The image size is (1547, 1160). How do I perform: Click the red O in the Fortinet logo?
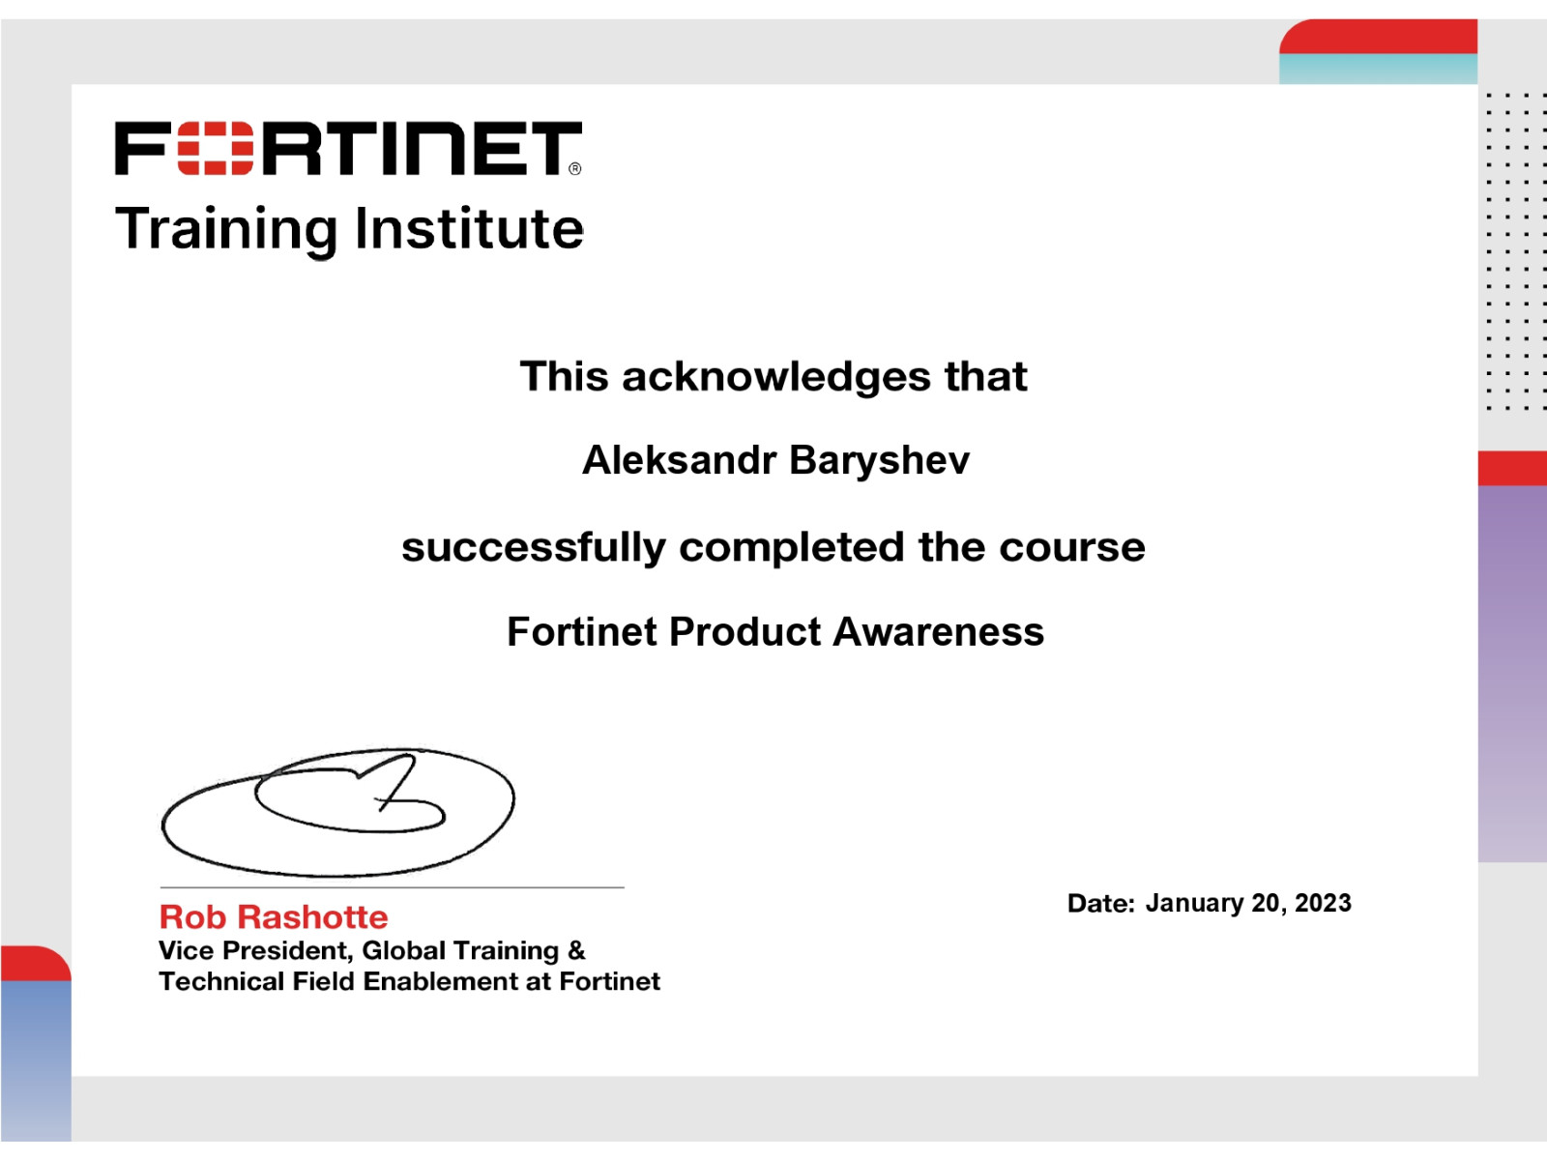[215, 148]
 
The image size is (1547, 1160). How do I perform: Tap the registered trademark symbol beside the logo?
[575, 169]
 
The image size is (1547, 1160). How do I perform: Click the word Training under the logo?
[226, 230]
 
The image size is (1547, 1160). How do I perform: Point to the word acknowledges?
[776, 378]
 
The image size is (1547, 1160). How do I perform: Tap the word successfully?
[534, 548]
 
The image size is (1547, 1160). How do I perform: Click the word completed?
[792, 548]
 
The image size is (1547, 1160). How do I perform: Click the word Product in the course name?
[744, 632]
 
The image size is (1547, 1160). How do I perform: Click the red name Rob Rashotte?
[274, 917]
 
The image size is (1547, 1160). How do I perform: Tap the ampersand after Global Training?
[576, 951]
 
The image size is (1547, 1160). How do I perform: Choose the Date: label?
[1101, 904]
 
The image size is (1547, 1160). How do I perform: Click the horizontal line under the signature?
[392, 887]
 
